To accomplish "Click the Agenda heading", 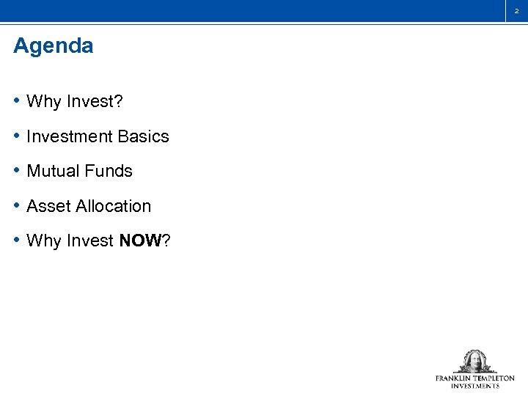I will pyautogui.click(x=54, y=46).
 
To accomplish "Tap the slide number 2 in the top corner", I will pyautogui.click(x=516, y=11).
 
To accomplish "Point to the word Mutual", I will pyautogui.click(x=51, y=171).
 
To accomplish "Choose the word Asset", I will pyautogui.click(x=45, y=206).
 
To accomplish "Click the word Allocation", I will pyautogui.click(x=110, y=206).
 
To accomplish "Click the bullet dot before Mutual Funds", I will pyautogui.click(x=17, y=171).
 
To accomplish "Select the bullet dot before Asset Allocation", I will pyautogui.click(x=17, y=206).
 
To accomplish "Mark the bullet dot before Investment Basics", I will pyautogui.click(x=17, y=136).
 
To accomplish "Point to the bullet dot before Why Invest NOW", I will pyautogui.click(x=17, y=241).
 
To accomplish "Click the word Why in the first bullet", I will pyautogui.click(x=43, y=101).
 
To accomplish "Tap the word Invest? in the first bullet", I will pyautogui.click(x=95, y=101).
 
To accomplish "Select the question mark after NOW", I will pyautogui.click(x=166, y=241).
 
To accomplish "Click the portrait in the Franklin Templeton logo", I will pyautogui.click(x=474, y=362).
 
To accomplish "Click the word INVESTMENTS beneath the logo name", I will pyautogui.click(x=474, y=386).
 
